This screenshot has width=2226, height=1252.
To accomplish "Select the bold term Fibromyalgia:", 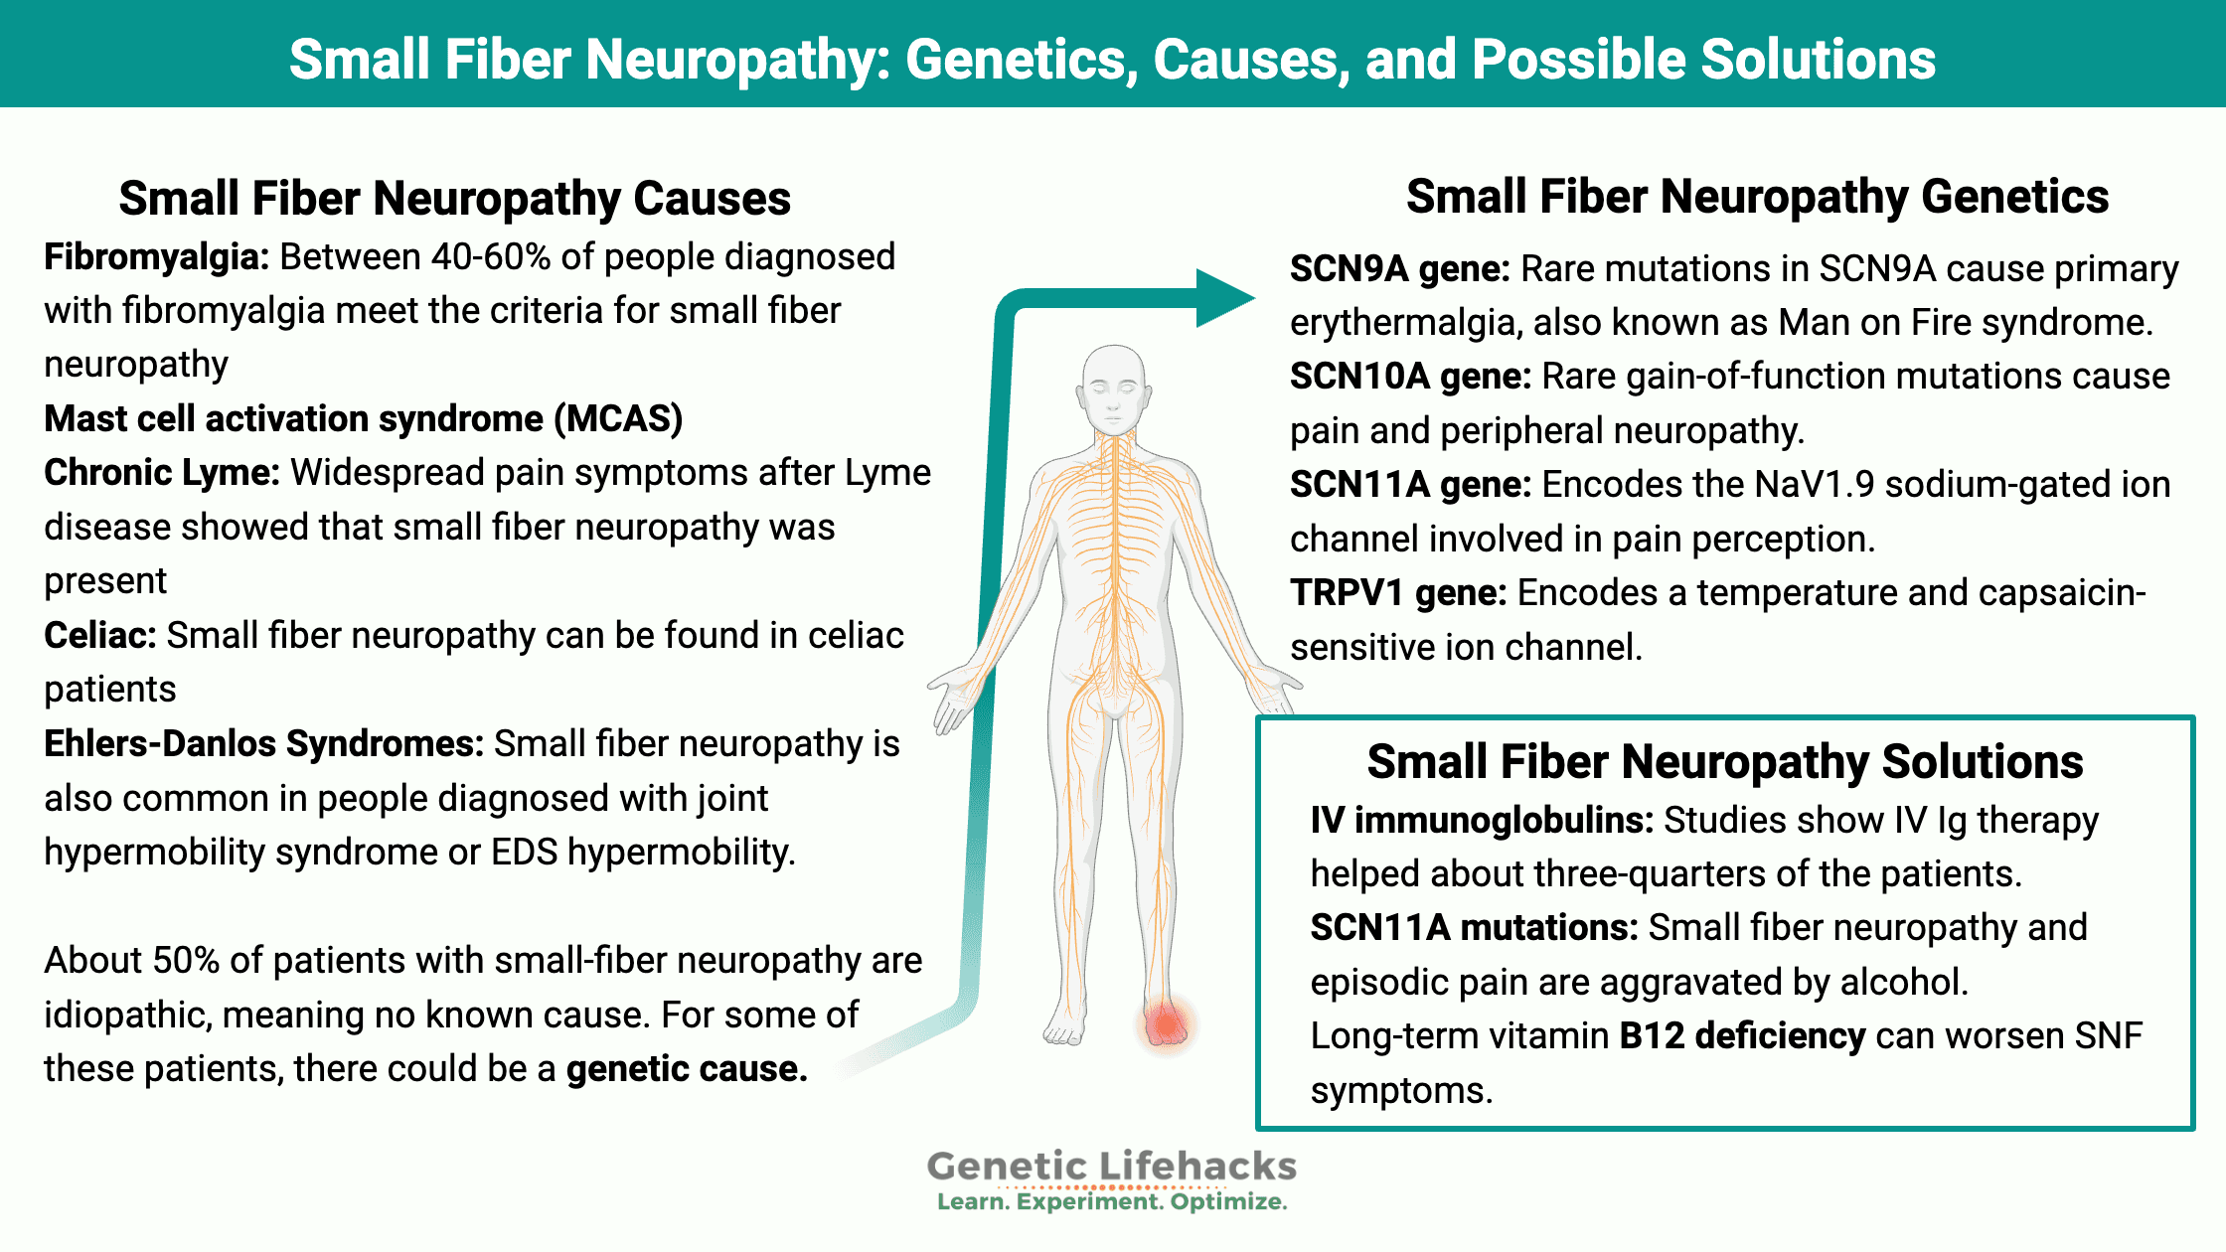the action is [x=157, y=257].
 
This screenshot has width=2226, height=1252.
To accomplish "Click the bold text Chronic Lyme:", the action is [x=162, y=473].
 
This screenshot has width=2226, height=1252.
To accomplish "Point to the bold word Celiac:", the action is [x=100, y=635].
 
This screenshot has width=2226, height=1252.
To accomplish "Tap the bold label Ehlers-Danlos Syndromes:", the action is [x=264, y=744].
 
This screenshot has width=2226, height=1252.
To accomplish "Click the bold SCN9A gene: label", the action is [x=1400, y=269].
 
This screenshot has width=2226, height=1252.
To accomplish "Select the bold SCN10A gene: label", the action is [x=1411, y=377].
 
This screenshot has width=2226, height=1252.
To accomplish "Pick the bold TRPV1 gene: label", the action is [x=1398, y=593].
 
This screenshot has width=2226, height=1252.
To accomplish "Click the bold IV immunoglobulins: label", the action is [x=1482, y=821].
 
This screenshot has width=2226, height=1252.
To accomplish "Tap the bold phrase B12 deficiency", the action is [x=1742, y=1036].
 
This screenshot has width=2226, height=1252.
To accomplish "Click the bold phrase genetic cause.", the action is [x=687, y=1069].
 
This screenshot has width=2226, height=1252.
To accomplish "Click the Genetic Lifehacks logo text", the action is [x=1112, y=1166].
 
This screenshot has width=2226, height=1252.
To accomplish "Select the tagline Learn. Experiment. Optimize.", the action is [x=1112, y=1202].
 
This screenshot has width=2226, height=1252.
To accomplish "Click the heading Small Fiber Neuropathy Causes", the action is [x=455, y=198].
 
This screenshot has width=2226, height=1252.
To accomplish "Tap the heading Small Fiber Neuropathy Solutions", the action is [x=1725, y=762].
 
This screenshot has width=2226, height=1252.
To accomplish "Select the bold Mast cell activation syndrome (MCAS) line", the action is [x=364, y=419].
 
